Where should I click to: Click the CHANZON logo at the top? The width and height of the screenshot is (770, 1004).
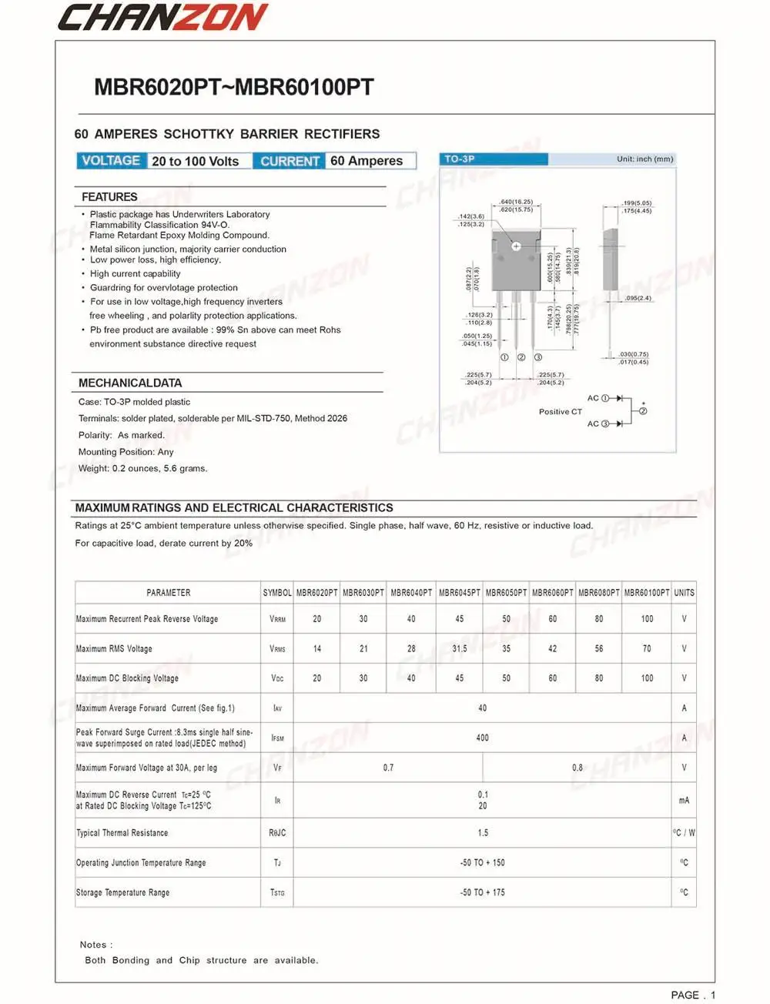pos(162,17)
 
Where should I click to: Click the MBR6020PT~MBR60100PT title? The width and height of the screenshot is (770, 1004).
pos(233,87)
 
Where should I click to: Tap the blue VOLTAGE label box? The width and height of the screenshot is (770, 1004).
pos(111,161)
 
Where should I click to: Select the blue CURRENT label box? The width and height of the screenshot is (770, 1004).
pos(290,161)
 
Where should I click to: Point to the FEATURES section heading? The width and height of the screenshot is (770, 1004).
pos(109,197)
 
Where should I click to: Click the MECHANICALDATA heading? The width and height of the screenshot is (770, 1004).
pos(130,383)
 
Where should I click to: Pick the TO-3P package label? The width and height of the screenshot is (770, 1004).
pos(460,159)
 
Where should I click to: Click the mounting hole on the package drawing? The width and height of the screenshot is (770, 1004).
pos(516,246)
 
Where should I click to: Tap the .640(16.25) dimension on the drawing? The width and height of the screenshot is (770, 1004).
pos(516,202)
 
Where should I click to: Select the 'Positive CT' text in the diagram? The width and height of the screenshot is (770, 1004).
pos(561,412)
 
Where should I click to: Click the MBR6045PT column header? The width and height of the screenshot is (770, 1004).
pos(460,593)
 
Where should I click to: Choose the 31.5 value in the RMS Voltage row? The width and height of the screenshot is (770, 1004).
pos(460,648)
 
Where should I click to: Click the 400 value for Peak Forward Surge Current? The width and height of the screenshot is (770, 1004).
pos(482,738)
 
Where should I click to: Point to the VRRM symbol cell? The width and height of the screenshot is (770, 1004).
pos(277,619)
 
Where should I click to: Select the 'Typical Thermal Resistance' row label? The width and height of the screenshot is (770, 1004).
pos(122,833)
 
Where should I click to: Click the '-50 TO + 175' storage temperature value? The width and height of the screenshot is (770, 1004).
pos(482,892)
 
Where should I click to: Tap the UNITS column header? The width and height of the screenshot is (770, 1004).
pos(684,593)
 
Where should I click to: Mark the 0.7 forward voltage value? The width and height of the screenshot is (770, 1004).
pos(388,768)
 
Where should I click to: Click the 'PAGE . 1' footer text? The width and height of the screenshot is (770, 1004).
pos(693,995)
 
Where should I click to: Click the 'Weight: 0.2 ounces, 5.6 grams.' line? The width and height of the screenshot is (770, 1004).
pos(142,468)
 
